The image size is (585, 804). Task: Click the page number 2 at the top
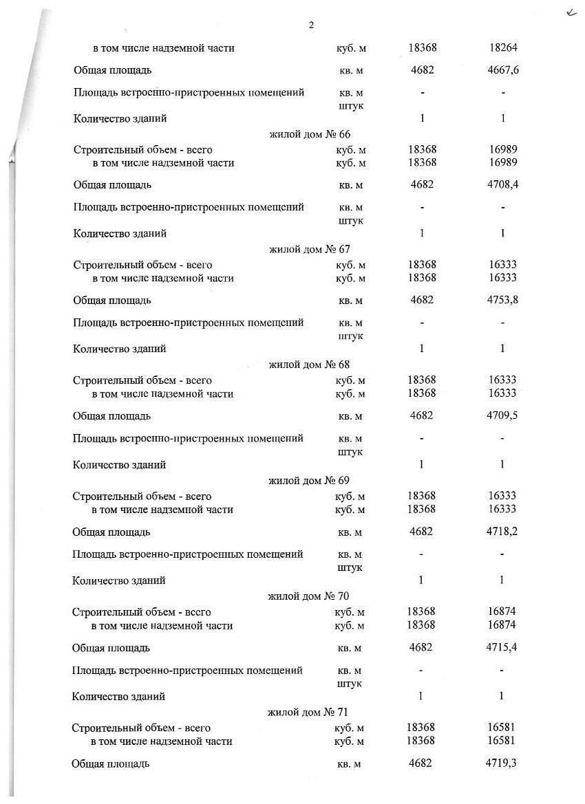click(x=311, y=25)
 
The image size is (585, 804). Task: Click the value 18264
click(x=503, y=48)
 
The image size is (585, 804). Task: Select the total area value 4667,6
click(x=504, y=70)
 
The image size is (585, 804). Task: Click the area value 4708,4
click(x=503, y=185)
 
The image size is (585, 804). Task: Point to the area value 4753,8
click(x=502, y=301)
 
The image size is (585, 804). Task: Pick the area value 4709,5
click(x=502, y=416)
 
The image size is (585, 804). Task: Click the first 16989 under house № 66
click(x=503, y=149)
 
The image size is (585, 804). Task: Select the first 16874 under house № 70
click(x=502, y=611)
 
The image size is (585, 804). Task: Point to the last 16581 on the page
click(x=501, y=741)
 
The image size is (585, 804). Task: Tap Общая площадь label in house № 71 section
click(x=110, y=763)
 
